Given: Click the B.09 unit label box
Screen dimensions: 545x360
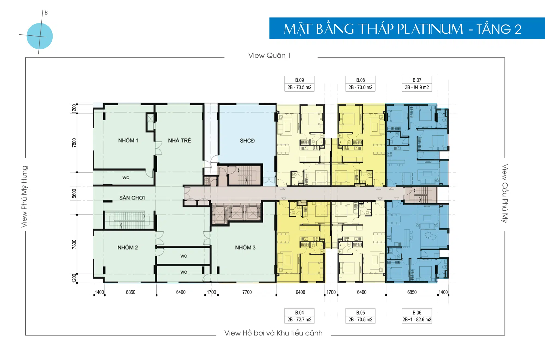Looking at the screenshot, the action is pyautogui.click(x=299, y=84).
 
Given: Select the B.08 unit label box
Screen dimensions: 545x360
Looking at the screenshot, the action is pyautogui.click(x=360, y=84).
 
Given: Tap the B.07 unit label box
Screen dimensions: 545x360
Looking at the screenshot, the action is pyautogui.click(x=417, y=84).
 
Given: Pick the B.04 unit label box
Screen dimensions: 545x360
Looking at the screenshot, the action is pyautogui.click(x=299, y=316).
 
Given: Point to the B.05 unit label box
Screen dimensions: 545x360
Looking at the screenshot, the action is pyautogui.click(x=360, y=316).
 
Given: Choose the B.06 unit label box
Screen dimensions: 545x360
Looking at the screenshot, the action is pyautogui.click(x=417, y=316).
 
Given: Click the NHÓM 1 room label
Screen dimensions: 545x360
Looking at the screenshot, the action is pyautogui.click(x=128, y=140).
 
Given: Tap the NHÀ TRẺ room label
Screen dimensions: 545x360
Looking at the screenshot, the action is pyautogui.click(x=180, y=140).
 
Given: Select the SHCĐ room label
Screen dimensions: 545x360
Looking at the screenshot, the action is pyautogui.click(x=247, y=141).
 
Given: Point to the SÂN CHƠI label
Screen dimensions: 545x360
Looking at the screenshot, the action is pyautogui.click(x=132, y=198).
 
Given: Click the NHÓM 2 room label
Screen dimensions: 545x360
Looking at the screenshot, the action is pyautogui.click(x=128, y=247).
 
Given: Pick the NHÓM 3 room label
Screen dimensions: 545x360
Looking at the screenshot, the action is pyautogui.click(x=245, y=247).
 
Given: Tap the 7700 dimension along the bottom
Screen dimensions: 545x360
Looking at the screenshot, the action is pyautogui.click(x=247, y=292).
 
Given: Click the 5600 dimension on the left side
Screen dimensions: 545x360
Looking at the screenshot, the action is pyautogui.click(x=74, y=193).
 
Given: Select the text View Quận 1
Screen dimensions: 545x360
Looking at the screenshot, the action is pyautogui.click(x=269, y=55).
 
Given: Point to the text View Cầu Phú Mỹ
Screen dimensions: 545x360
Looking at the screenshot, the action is pyautogui.click(x=505, y=193).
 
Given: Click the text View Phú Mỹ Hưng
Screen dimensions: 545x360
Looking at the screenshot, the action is pyautogui.click(x=25, y=196).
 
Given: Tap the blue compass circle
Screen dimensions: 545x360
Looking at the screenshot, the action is pyautogui.click(x=40, y=36).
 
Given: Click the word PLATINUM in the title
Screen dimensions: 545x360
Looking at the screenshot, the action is pyautogui.click(x=430, y=29).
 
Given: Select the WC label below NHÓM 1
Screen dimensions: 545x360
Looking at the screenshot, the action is pyautogui.click(x=126, y=177).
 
